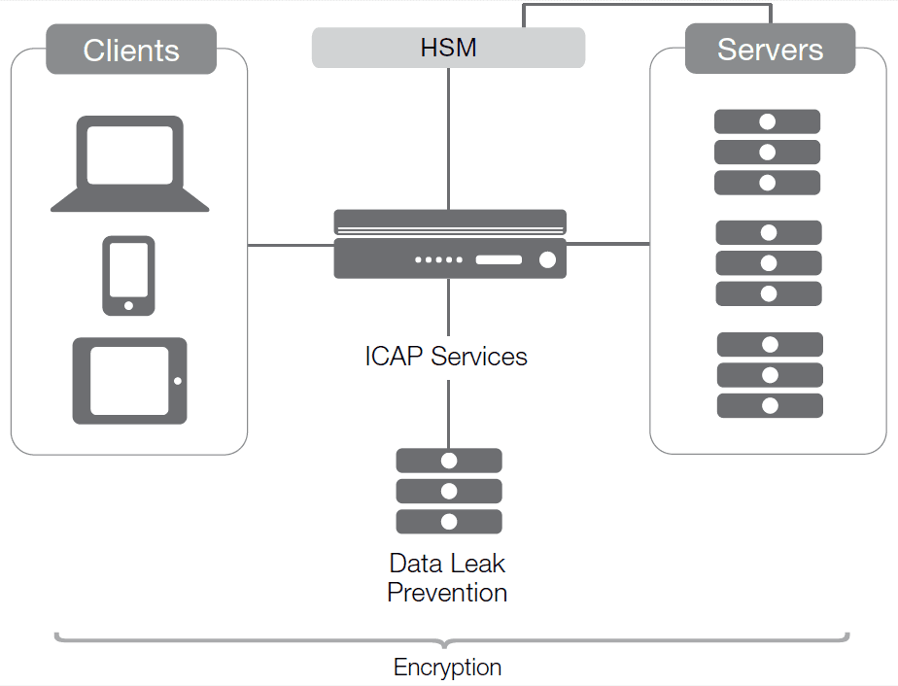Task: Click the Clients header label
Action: (x=131, y=51)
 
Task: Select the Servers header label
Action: (x=770, y=50)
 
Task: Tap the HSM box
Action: (x=448, y=48)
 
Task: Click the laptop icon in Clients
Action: (x=130, y=163)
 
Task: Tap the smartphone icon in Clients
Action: (x=128, y=275)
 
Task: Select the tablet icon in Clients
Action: (x=130, y=380)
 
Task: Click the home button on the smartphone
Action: (x=128, y=306)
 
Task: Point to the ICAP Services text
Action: (x=446, y=357)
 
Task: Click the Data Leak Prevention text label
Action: (x=447, y=578)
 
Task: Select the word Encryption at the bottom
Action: (x=447, y=668)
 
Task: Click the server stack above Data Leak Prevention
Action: (x=449, y=491)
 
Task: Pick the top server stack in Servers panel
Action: (x=768, y=153)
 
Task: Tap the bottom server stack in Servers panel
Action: (x=770, y=375)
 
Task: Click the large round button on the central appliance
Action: (x=547, y=259)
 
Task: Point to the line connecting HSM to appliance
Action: (x=448, y=136)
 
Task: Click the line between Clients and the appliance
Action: (x=291, y=245)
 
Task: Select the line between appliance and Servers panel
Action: (x=607, y=244)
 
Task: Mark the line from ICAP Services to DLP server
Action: (x=448, y=413)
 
